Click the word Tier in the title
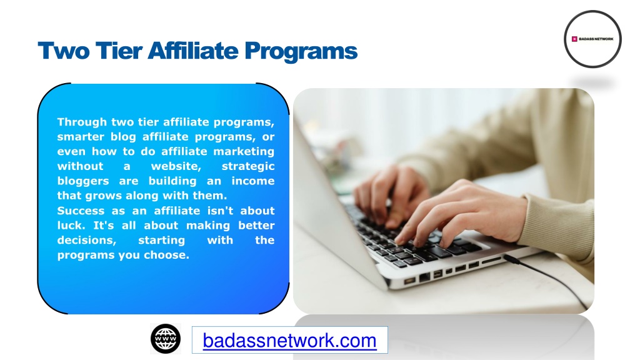tap(119, 51)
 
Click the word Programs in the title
tap(301, 52)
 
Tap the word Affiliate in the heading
tap(193, 51)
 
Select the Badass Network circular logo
tap(592, 39)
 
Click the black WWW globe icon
tap(166, 339)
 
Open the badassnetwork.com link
tap(289, 341)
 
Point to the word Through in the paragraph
tap(82, 122)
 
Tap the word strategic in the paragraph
tap(248, 166)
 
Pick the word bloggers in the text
tap(83, 181)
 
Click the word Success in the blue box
tap(81, 211)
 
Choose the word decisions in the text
tap(86, 241)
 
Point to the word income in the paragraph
tap(253, 181)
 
